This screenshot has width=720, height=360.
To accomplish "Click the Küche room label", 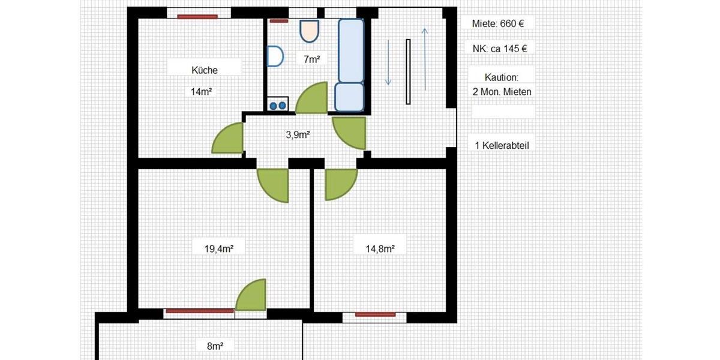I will tap(204, 70).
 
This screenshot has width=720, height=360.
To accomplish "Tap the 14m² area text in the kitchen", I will tap(202, 92).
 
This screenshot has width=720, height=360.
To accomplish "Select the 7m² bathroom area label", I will tap(311, 59).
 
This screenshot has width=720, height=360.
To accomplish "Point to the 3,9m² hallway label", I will tap(298, 135).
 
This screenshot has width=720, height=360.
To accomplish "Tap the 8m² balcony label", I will tap(215, 346).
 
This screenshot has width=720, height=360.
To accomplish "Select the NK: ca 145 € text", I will tap(500, 49).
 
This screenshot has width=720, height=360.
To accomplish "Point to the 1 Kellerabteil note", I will tap(502, 145).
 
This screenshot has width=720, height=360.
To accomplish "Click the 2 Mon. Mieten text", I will tap(502, 92).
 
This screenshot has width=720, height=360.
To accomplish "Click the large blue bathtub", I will tap(351, 50).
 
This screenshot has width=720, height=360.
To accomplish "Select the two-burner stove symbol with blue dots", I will tap(277, 104).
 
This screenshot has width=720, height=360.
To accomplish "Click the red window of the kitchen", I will tap(193, 16).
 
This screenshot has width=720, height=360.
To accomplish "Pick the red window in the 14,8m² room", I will tap(375, 314).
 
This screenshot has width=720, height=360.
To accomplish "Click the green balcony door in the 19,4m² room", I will tap(251, 296).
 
